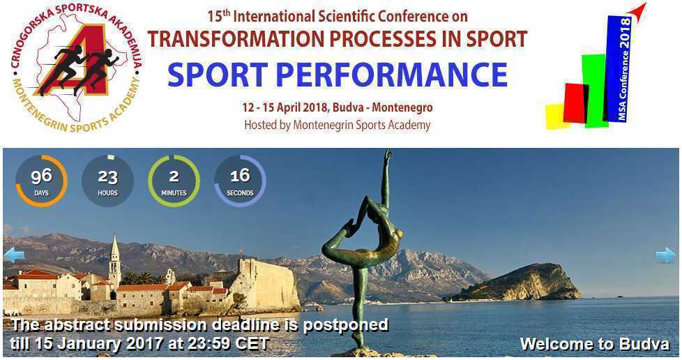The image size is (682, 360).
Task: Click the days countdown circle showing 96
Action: coord(41,181)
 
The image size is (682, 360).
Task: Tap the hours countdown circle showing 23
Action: coord(107,181)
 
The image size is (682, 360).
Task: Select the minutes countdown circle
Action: coord(174,181)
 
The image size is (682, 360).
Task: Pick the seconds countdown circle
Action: coord(240,181)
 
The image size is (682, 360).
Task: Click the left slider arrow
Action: coord(14,255)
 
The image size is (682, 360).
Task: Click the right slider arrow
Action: coord(665,255)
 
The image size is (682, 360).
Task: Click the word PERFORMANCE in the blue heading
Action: coord(392,75)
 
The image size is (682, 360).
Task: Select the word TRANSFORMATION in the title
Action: coord(234,39)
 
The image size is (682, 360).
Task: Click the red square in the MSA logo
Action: coord(575,103)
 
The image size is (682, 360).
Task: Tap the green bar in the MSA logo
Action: coord(595,91)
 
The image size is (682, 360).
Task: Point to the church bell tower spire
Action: coord(114,246)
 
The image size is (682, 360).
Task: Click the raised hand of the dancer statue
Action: coord(388,154)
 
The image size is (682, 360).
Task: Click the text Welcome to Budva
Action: coord(595,344)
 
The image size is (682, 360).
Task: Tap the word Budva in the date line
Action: coord(347,107)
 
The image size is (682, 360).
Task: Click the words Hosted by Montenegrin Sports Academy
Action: coord(337,126)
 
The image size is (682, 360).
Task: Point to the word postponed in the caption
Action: coord(345,326)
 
